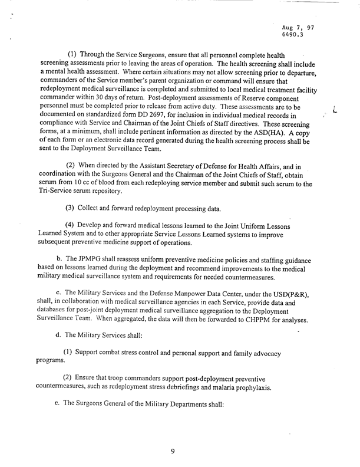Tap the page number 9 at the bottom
pyautogui.click(x=173, y=452)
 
